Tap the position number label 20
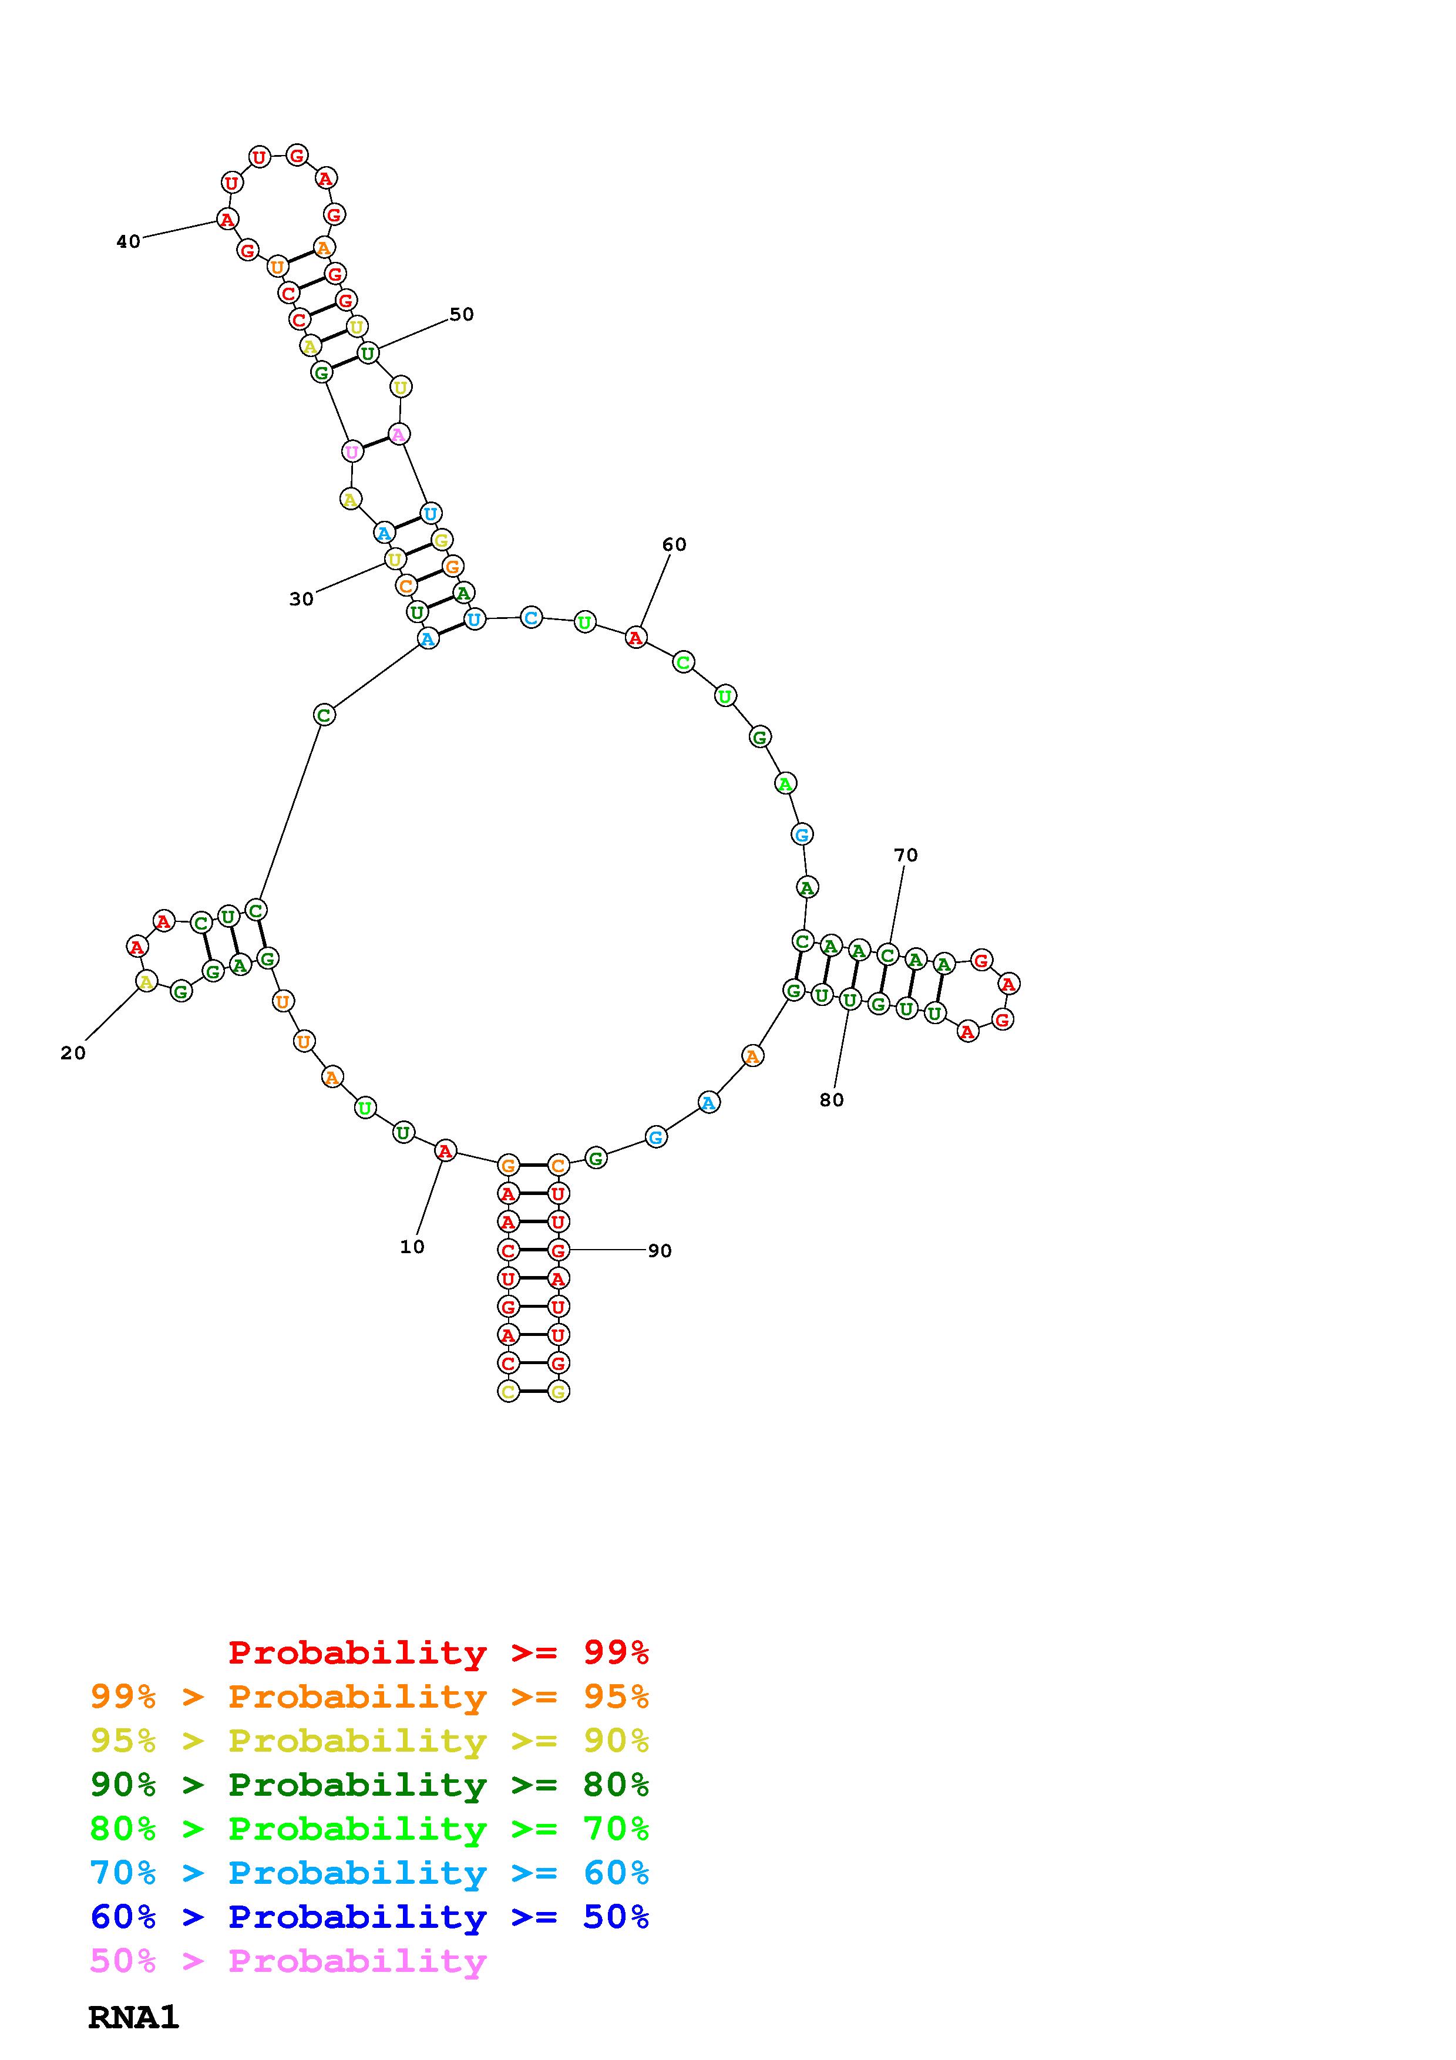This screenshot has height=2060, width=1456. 73,1053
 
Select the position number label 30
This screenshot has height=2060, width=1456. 301,600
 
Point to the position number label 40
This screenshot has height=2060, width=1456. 128,241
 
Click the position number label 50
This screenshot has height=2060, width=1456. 461,314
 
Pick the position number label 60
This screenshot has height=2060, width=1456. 674,544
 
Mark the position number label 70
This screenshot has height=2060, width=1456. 906,855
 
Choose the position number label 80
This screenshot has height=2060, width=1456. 832,1100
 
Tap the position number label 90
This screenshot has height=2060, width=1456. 660,1251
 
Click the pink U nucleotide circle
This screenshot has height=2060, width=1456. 352,452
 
